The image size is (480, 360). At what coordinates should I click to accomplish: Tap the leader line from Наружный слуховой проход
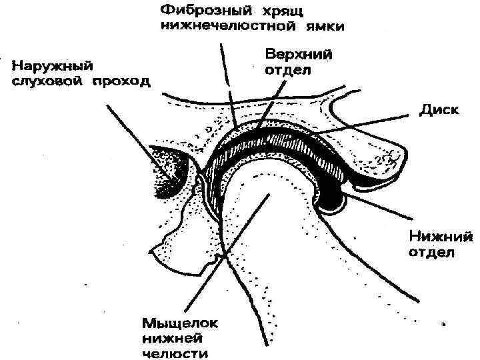pyautogui.click(x=133, y=133)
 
